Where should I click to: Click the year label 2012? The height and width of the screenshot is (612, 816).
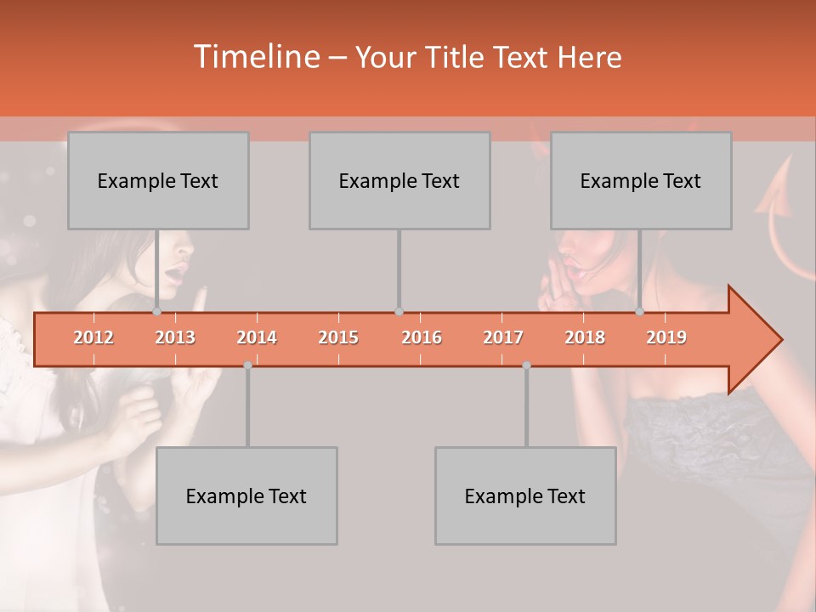[x=93, y=337]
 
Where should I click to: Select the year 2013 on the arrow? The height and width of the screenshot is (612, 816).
[x=175, y=337]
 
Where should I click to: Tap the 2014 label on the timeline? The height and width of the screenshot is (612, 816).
[x=257, y=337]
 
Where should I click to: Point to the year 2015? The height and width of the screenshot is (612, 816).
[x=338, y=337]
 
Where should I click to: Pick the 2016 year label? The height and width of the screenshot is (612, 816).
[x=422, y=337]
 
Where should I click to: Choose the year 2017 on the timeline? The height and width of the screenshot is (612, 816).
[x=503, y=337]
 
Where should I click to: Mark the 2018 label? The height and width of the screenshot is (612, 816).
[x=585, y=337]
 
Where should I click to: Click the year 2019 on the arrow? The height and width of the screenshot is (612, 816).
[x=666, y=337]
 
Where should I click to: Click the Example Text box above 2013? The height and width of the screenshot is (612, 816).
[x=158, y=180]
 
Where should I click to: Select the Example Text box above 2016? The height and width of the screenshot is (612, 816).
[x=399, y=180]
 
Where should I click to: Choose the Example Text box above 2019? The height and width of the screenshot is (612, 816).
[x=641, y=180]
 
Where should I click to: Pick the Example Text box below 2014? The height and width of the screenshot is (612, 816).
[x=246, y=496]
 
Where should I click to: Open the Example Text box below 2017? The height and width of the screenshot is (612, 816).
[x=525, y=496]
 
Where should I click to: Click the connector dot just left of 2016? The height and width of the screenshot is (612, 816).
[x=399, y=312]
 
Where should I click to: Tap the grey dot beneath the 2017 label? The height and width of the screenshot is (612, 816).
[x=526, y=365]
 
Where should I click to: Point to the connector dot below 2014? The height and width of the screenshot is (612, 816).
[x=247, y=365]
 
